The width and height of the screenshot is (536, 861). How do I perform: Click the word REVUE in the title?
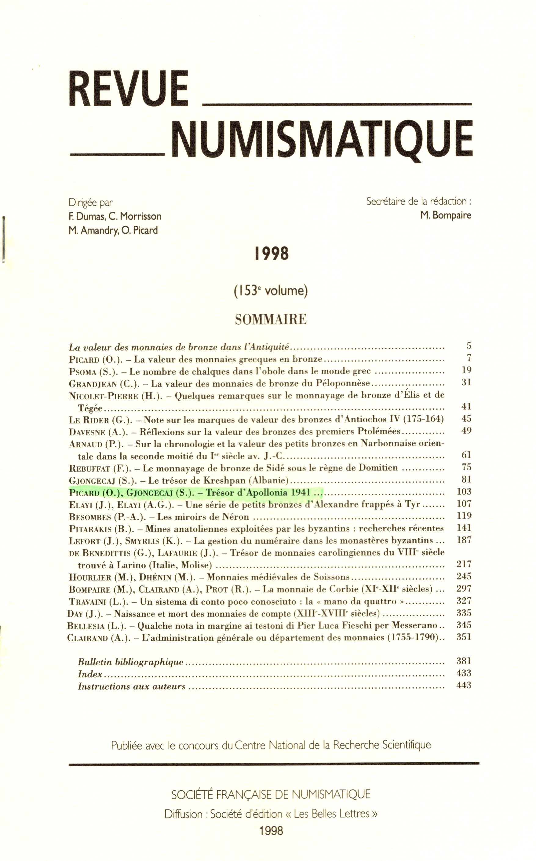coord(128,89)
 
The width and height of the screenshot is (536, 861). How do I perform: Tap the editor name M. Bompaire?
coord(446,215)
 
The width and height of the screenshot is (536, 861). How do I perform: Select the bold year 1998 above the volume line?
coord(272,254)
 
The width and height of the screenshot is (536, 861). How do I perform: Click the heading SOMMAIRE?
coord(271,320)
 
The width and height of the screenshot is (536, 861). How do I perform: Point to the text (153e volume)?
coord(271,291)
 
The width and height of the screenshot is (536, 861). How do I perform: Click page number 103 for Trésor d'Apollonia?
coord(464,492)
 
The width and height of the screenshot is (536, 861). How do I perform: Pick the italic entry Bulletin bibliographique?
coord(130,662)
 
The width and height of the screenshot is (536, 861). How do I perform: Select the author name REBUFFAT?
coord(90,468)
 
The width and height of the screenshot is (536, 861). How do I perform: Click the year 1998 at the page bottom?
coord(271,831)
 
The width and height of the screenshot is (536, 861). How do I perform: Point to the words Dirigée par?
coord(90,203)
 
